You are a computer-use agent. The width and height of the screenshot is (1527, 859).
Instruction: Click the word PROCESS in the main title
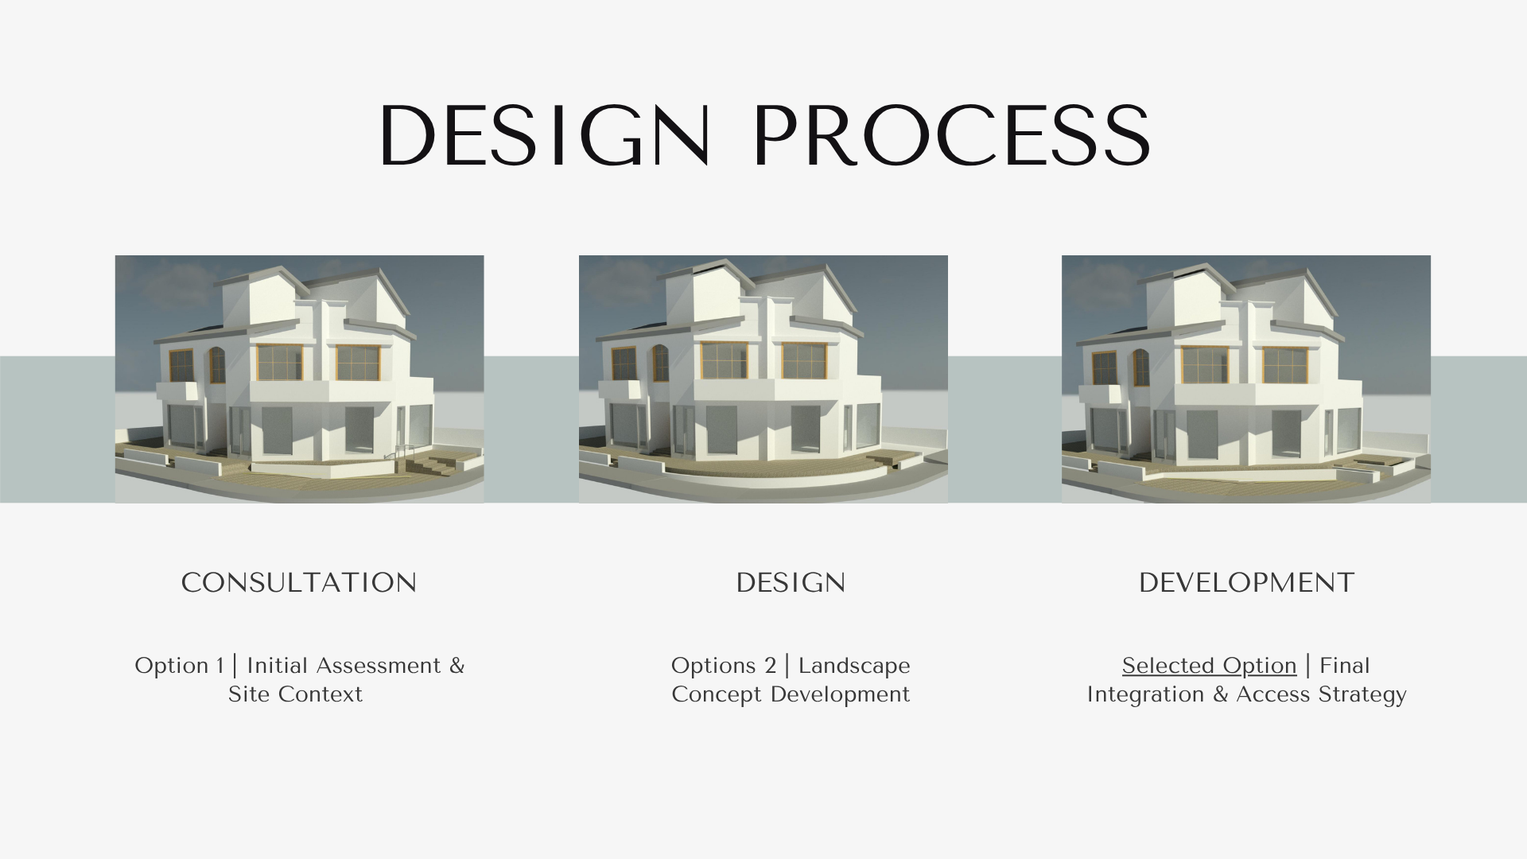click(951, 135)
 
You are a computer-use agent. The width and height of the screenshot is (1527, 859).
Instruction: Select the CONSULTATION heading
click(299, 583)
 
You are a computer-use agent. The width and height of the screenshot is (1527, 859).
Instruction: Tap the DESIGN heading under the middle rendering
click(791, 583)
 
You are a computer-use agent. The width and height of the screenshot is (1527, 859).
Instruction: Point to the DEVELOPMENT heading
click(1246, 583)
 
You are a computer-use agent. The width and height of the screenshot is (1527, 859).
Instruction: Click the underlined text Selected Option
click(1209, 666)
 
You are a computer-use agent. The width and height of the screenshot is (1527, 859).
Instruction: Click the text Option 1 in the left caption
click(179, 666)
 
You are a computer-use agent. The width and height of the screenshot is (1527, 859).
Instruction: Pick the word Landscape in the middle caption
click(854, 666)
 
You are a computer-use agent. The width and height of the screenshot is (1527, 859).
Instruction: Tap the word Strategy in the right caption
click(1362, 695)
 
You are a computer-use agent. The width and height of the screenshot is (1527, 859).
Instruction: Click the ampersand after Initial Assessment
click(457, 666)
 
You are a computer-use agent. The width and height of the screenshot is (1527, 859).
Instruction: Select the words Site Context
click(295, 694)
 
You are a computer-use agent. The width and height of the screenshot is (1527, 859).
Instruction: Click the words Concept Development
click(791, 694)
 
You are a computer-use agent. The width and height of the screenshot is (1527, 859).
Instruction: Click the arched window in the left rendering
click(216, 364)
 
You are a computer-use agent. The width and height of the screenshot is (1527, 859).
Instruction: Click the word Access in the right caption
click(1272, 694)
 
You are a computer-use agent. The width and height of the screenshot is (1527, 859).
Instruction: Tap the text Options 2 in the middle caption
click(724, 666)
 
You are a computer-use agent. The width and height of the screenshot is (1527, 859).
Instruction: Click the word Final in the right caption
click(1345, 666)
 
